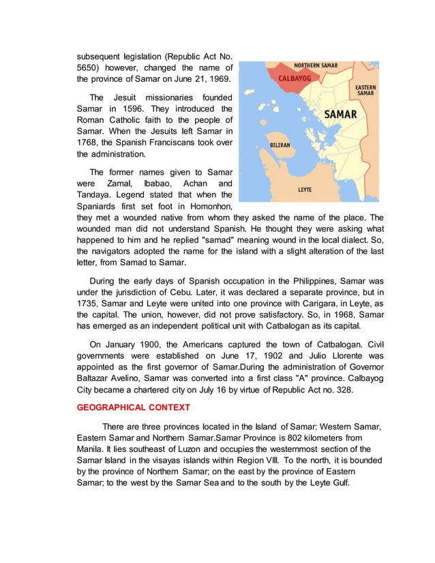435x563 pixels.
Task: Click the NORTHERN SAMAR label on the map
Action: pos(316,66)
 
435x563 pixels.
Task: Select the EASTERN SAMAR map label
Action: pos(365,90)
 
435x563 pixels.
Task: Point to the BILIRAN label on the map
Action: pos(280,145)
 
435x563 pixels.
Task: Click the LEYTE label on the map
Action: pos(305,189)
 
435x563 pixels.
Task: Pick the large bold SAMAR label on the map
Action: pos(340,115)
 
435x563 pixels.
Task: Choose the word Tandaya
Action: pos(95,194)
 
